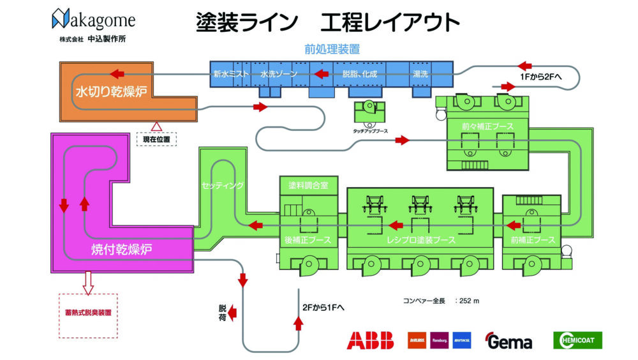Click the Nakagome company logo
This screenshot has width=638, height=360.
click(94, 20)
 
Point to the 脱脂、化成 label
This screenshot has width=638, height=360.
click(360, 74)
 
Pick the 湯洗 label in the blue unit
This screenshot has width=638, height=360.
click(421, 74)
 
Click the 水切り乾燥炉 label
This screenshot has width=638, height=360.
click(112, 91)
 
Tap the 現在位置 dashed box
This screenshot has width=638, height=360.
click(156, 139)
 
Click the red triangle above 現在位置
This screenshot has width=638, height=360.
click(157, 126)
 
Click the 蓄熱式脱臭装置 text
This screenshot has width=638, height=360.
click(88, 313)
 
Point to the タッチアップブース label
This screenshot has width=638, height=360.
click(371, 131)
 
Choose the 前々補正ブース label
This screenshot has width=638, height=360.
click(488, 126)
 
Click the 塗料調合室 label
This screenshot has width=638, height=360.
click(308, 186)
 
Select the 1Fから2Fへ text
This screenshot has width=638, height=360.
click(538, 77)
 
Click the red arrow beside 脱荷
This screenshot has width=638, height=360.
click(234, 311)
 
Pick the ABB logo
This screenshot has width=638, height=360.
click(370, 340)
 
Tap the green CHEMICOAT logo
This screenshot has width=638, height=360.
click(577, 340)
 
